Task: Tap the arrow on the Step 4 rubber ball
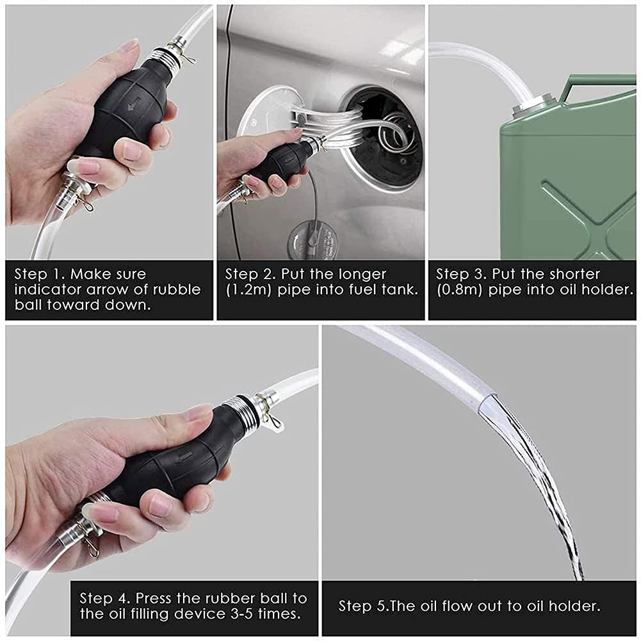(x=184, y=459)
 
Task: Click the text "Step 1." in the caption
(x=40, y=274)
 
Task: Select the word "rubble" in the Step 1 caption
(x=177, y=289)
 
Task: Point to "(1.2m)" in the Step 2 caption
(x=249, y=290)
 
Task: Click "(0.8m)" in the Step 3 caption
(x=460, y=290)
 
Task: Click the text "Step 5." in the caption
(x=364, y=606)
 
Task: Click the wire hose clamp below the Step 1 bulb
(x=84, y=202)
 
